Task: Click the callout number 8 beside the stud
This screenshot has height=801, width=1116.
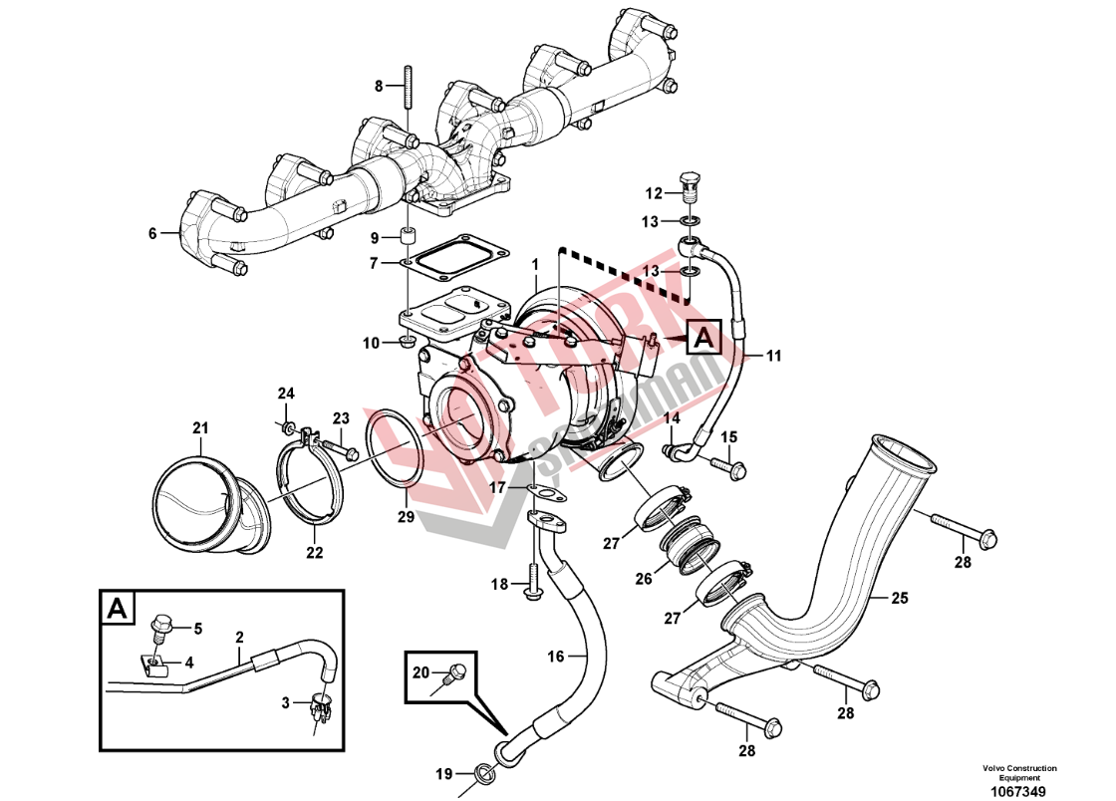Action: tap(379, 87)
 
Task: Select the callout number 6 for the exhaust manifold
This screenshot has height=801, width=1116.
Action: tap(152, 234)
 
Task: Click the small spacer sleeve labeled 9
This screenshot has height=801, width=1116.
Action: tap(407, 238)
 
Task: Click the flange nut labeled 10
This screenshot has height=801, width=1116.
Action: tap(406, 345)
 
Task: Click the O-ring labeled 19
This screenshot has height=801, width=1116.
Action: tap(482, 771)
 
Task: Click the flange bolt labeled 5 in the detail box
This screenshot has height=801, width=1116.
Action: tap(159, 628)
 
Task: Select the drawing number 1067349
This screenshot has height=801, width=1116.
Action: tap(1017, 792)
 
